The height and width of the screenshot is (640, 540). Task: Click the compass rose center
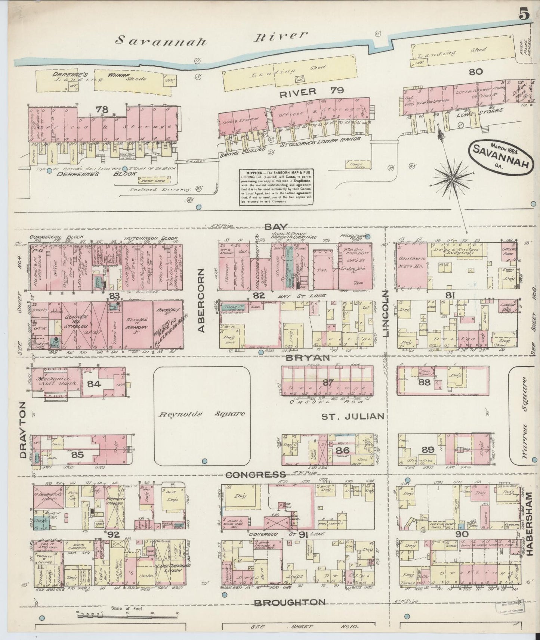453,179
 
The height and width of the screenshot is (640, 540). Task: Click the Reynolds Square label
202,414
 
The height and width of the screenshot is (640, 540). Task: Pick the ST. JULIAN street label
353,416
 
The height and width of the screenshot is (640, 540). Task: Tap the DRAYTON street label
24,430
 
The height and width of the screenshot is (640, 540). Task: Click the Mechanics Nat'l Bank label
56,381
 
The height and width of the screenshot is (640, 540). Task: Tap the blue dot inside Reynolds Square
204,461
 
